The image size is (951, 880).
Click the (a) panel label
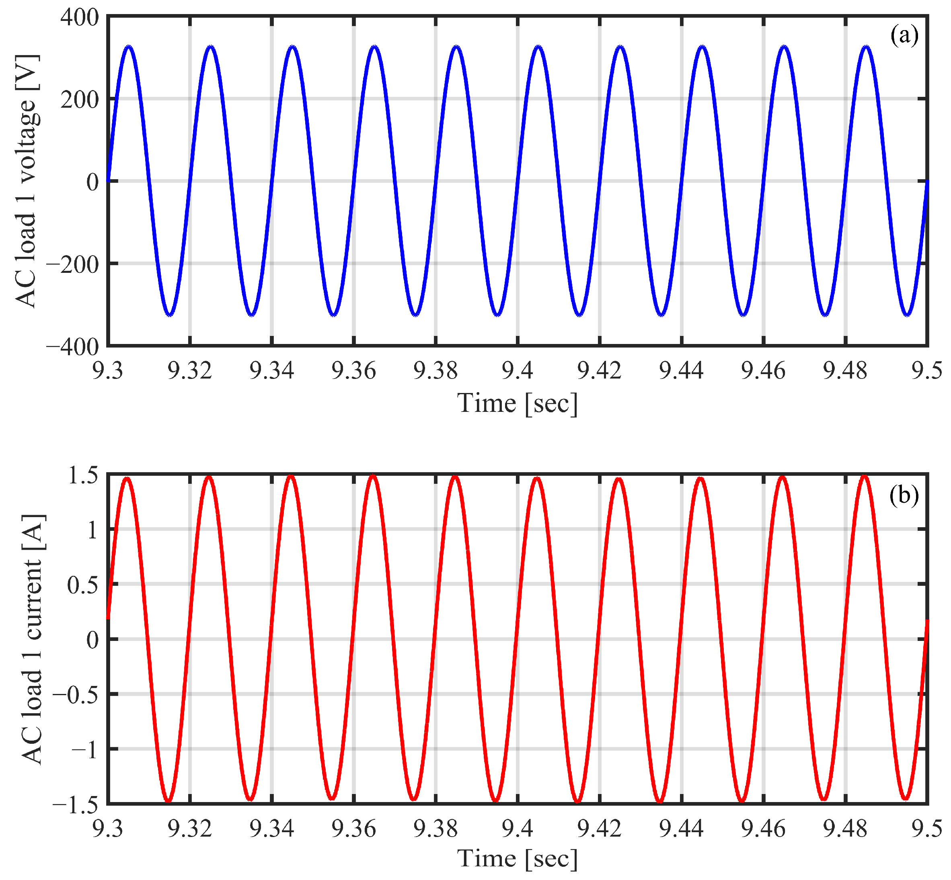coord(904,36)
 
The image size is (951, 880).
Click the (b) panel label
coord(904,495)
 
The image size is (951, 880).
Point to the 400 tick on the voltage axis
coord(80,18)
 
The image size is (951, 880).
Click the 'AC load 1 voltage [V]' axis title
coord(26,181)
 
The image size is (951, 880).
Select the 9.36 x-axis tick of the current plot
coord(353,829)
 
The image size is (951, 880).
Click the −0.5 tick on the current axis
coord(75,694)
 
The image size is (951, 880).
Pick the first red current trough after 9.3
coord(168,800)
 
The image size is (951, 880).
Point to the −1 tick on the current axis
coord(85,749)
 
